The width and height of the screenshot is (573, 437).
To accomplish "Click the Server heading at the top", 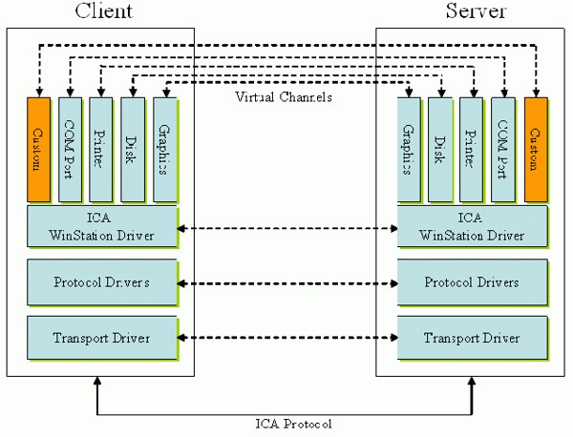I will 475,12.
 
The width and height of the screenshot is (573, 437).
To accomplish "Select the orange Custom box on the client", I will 38,149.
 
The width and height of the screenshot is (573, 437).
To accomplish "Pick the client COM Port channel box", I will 70,149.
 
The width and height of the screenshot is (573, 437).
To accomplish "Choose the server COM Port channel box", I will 504,149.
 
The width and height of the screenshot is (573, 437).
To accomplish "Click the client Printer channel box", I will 101,149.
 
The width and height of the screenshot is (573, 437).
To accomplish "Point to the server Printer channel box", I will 472,149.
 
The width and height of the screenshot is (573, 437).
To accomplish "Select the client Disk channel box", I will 133,149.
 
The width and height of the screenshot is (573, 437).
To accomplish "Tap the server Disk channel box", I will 440,149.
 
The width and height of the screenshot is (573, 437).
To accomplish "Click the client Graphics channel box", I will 164,149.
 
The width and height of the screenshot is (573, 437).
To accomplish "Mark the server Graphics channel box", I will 409,149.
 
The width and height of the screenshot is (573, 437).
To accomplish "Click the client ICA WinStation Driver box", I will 101,227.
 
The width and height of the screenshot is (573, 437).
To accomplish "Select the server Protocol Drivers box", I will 472,282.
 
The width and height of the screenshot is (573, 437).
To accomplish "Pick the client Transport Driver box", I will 101,338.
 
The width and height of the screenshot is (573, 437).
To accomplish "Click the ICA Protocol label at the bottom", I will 286,423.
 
